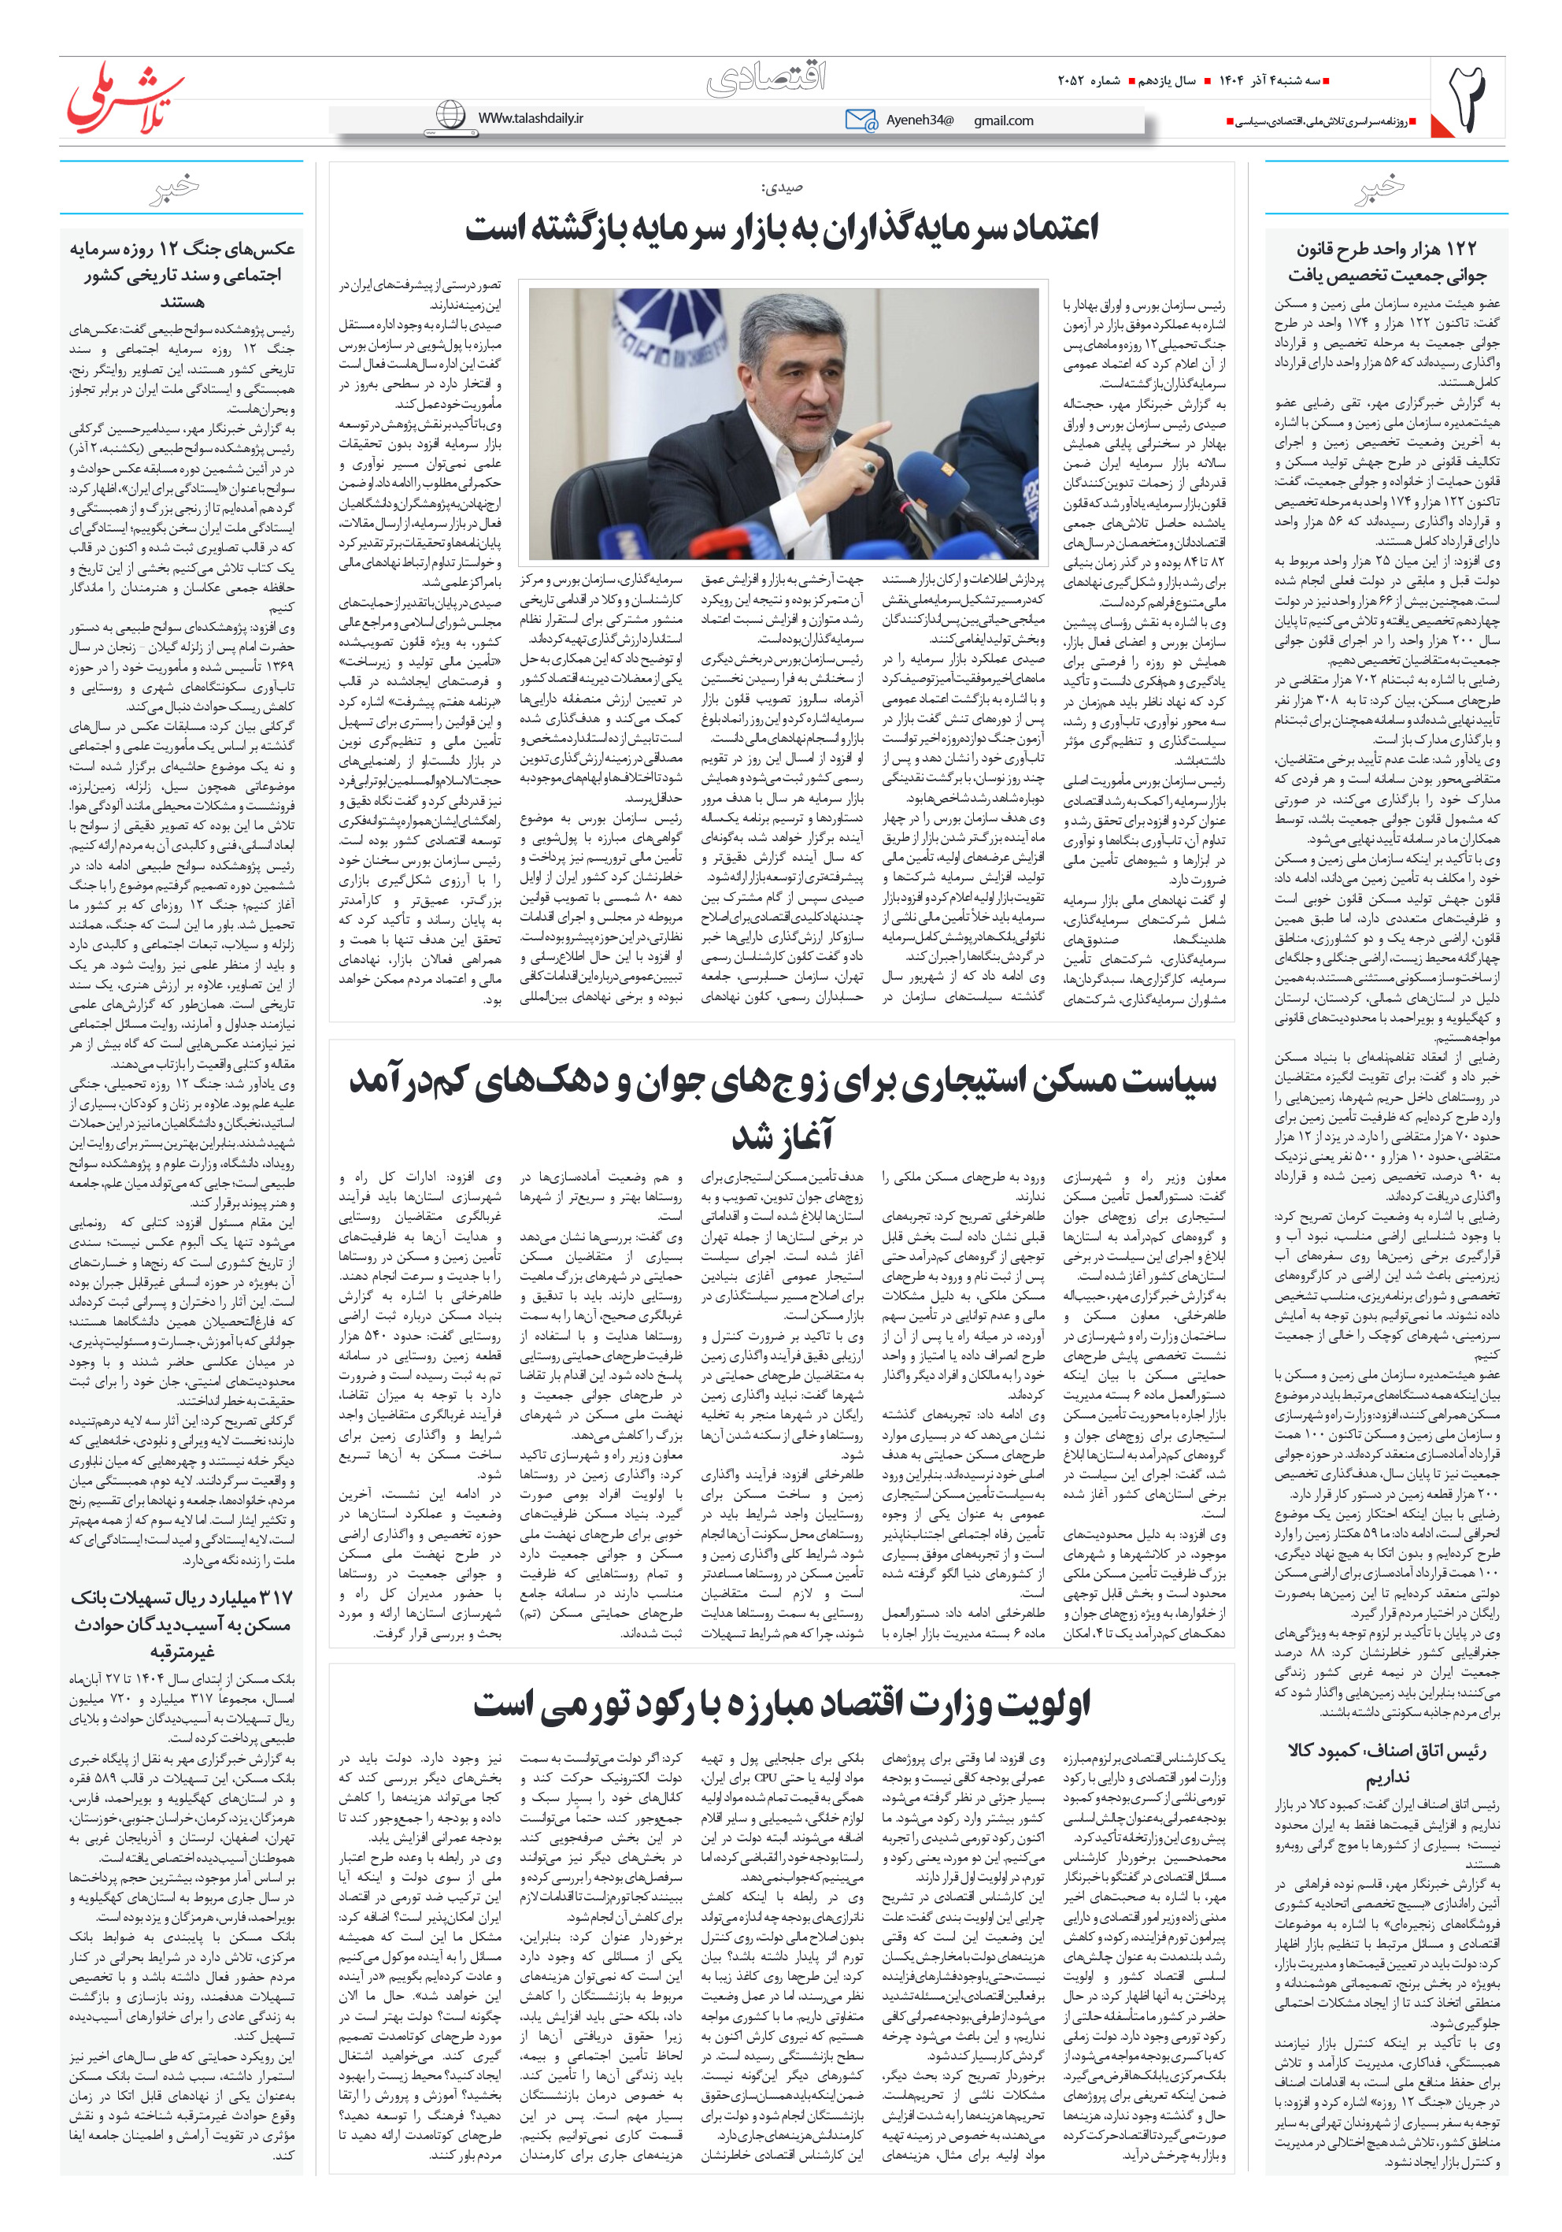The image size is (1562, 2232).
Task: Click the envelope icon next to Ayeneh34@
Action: (x=861, y=120)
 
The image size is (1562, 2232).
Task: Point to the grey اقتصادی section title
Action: (x=767, y=79)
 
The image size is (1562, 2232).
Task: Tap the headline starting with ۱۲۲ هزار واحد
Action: (x=1386, y=261)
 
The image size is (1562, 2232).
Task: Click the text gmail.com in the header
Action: (x=1003, y=120)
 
